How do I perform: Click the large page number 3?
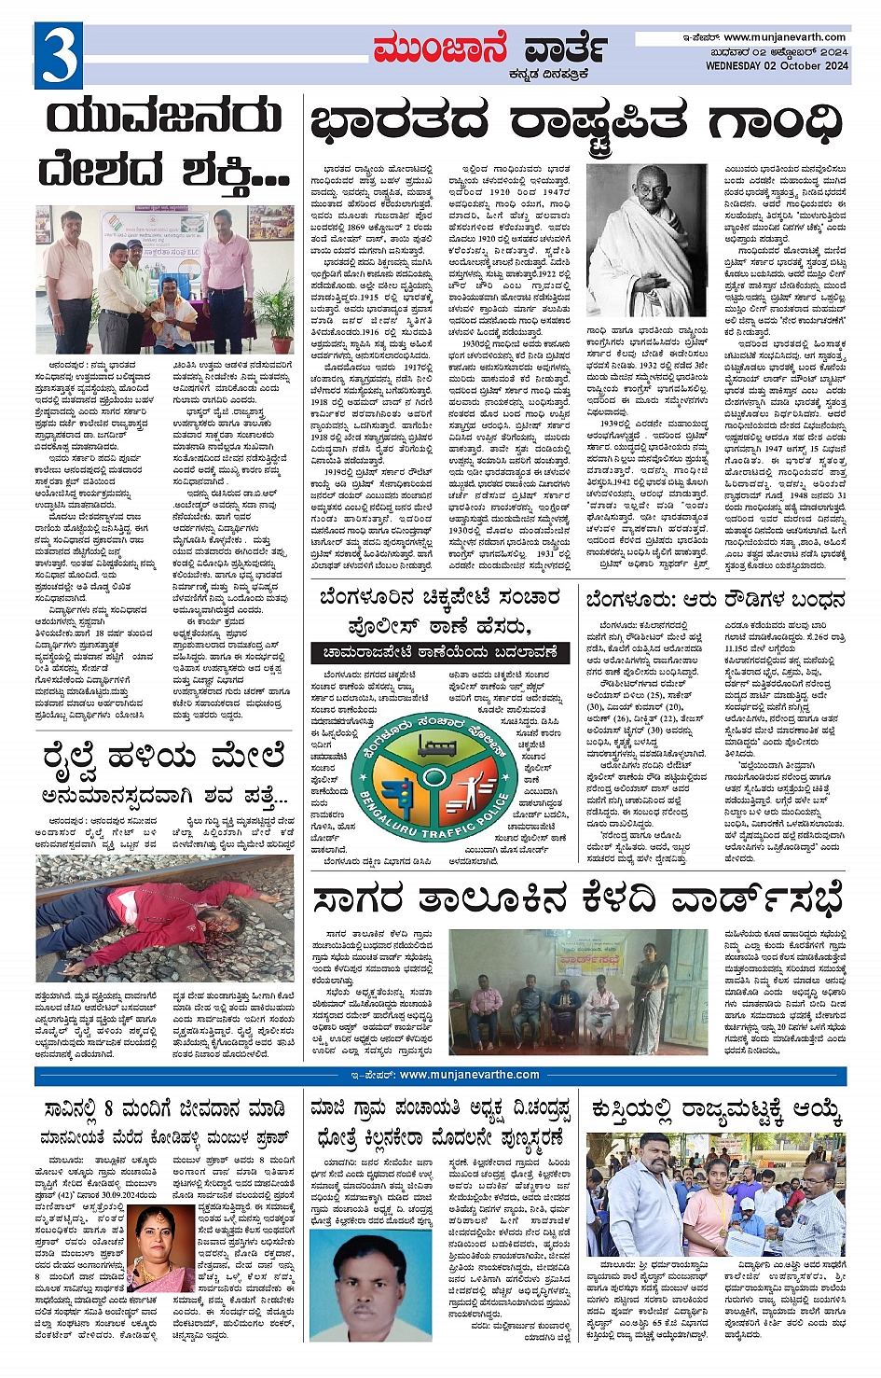(x=59, y=55)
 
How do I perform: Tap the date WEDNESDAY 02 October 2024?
(x=777, y=66)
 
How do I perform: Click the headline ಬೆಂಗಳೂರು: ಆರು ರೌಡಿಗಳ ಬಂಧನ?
(x=715, y=599)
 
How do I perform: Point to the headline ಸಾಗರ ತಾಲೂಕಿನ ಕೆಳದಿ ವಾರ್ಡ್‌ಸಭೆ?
(x=578, y=898)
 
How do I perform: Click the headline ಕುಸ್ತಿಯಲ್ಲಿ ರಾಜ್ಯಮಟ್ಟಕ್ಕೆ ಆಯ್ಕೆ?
(x=715, y=1111)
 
